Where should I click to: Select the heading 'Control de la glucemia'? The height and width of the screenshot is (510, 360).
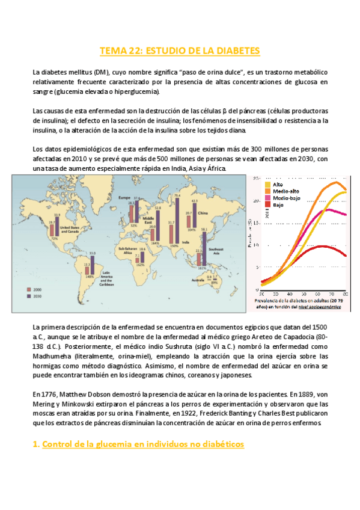(139, 444)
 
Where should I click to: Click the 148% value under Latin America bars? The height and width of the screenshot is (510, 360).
(89, 277)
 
